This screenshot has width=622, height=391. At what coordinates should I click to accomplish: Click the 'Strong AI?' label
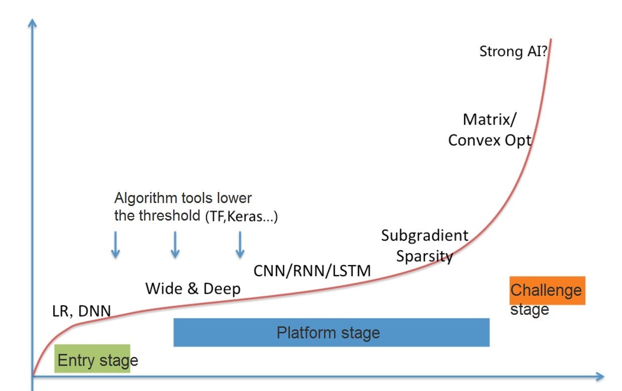click(512, 52)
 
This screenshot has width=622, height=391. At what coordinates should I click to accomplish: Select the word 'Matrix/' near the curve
click(489, 119)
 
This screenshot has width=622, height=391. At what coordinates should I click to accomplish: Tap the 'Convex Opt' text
click(489, 140)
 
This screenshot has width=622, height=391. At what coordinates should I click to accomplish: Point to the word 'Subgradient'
click(424, 236)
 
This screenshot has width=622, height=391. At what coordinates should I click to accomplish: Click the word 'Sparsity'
click(424, 256)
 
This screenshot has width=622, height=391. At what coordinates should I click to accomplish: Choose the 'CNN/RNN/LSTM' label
click(312, 271)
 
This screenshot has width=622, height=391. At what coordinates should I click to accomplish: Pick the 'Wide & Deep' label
click(193, 289)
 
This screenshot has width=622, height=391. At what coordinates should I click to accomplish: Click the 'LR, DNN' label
click(81, 311)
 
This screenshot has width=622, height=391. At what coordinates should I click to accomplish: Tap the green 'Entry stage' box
click(92, 359)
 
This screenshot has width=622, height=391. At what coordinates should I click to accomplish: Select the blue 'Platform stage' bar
click(331, 332)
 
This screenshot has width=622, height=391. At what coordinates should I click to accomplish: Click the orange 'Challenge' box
click(547, 290)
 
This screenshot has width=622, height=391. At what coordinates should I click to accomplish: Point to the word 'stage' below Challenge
click(530, 310)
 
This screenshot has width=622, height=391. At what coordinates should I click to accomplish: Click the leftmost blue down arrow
click(115, 245)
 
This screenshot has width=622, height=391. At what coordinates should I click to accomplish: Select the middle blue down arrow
click(175, 245)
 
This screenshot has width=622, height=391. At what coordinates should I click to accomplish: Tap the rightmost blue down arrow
click(240, 245)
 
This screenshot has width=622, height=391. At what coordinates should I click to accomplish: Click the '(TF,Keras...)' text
click(240, 217)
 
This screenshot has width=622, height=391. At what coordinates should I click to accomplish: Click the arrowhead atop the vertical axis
click(33, 23)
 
